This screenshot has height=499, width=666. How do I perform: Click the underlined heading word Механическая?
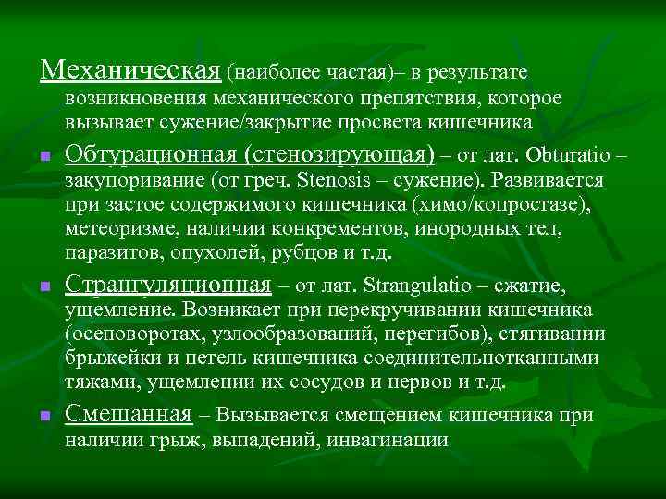click(130, 69)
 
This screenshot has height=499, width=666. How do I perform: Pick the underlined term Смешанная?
click(129, 415)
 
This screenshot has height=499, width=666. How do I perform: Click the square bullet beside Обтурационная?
click(44, 156)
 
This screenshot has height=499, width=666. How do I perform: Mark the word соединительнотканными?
click(479, 358)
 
